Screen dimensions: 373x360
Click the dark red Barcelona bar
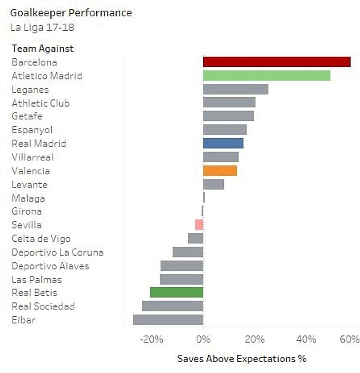(277, 62)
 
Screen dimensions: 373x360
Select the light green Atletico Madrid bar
(266, 75)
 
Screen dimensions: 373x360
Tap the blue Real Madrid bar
(223, 143)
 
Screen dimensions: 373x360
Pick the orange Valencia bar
(220, 171)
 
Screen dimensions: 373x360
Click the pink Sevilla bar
(199, 225)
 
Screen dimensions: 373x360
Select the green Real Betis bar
(177, 292)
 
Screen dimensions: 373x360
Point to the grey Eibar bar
(168, 320)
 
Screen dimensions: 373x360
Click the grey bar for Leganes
(236, 89)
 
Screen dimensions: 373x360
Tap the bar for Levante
(214, 185)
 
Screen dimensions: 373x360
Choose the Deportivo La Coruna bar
(188, 252)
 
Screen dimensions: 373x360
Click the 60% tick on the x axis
(350, 339)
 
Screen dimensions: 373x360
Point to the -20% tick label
(151, 339)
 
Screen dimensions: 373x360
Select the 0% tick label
(203, 339)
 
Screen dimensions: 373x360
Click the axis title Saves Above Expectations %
(242, 359)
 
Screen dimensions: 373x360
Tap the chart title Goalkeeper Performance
(71, 13)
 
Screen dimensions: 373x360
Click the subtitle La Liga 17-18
(42, 27)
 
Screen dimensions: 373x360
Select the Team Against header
(42, 48)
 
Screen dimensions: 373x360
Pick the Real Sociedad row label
(43, 306)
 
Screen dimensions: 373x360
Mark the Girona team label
(27, 211)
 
